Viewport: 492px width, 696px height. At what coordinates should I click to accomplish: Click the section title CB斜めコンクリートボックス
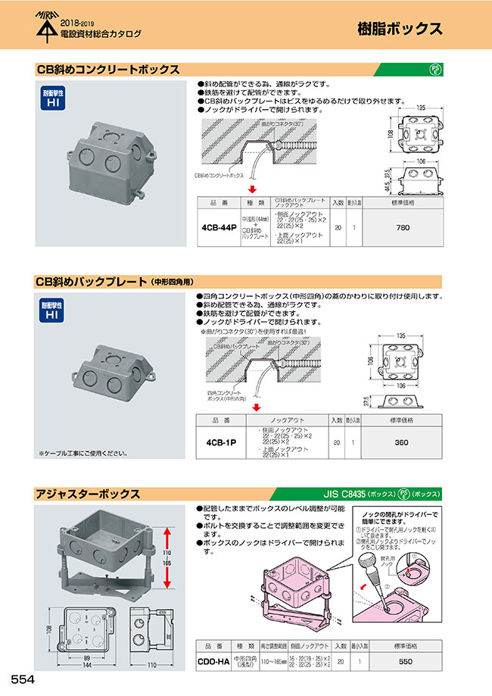click(x=107, y=70)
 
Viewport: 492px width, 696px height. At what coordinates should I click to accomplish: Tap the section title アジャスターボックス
click(x=87, y=494)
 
